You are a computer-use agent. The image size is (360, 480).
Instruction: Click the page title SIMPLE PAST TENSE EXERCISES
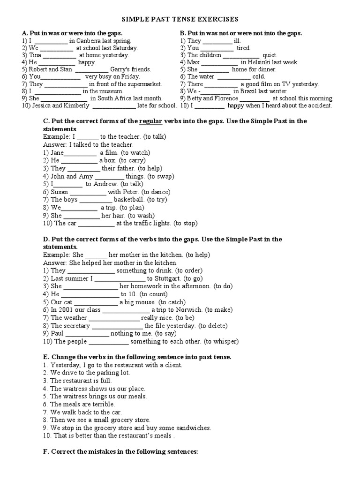180,19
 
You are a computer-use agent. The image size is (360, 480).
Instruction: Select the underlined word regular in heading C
150,121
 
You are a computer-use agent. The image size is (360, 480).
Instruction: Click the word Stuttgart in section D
162,278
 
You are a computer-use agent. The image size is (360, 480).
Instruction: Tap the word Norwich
190,310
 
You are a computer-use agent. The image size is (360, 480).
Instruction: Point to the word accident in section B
319,105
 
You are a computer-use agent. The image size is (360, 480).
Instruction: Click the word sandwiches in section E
194,427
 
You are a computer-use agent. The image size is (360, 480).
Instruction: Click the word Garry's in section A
120,69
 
